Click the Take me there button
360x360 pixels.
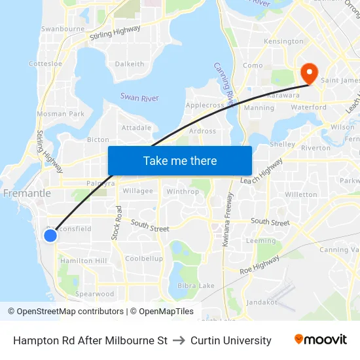coord(180,161)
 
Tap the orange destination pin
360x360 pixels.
coord(306,72)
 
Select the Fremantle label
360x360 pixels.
coord(27,194)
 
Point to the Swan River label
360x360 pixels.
coord(139,98)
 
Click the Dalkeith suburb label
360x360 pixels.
coord(130,64)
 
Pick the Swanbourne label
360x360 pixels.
coord(63,29)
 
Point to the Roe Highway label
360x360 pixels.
coord(260,265)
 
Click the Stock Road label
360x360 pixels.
coord(118,223)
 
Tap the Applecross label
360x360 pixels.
coord(205,105)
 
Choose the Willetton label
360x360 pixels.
coord(301,194)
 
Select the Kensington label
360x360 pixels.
coord(283,41)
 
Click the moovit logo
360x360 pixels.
coord(320,340)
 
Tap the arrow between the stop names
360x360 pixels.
coord(179,340)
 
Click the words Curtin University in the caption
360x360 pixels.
coord(230,340)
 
